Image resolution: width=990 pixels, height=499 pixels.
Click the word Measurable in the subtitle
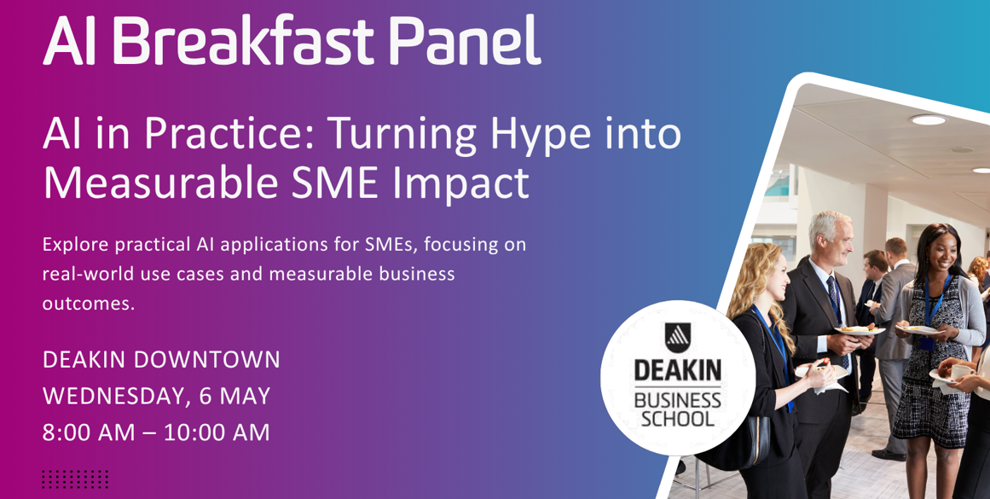[x=160, y=183]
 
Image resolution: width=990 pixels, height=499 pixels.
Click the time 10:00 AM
[x=217, y=432]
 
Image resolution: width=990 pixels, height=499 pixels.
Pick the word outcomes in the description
[x=89, y=304]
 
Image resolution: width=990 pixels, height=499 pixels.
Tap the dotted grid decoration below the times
[x=75, y=479]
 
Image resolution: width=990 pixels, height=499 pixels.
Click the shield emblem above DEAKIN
[x=677, y=338]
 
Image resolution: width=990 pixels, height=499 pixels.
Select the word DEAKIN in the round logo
[x=677, y=371]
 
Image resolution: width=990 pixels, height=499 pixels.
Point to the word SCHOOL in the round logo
[x=677, y=419]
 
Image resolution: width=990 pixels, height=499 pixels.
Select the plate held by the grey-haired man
[x=859, y=330]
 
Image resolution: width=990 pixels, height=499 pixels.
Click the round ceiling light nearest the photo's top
[x=928, y=119]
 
